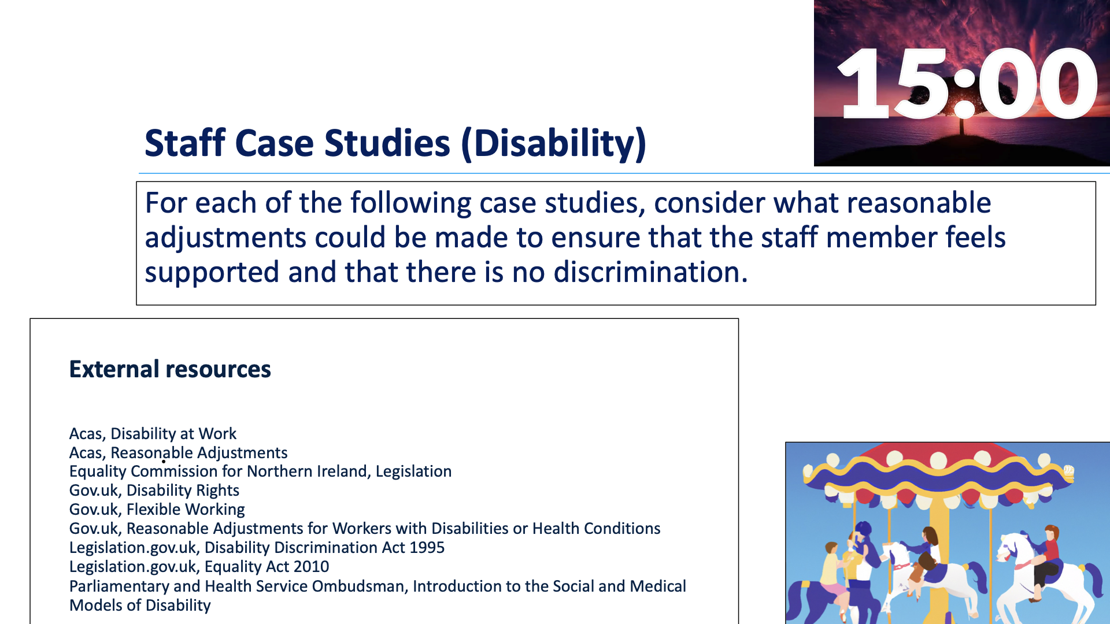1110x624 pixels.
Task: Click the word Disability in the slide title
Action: [555, 143]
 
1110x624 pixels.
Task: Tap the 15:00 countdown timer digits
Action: [967, 83]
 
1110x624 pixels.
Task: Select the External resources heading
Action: [170, 369]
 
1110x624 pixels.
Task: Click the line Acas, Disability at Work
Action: [153, 434]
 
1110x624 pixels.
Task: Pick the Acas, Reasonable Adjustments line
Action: [178, 453]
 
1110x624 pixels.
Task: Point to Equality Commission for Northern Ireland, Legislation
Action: [260, 471]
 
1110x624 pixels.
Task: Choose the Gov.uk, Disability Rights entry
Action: [154, 491]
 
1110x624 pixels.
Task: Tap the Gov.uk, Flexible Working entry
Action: [157, 510]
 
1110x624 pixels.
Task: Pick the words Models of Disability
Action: [140, 606]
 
